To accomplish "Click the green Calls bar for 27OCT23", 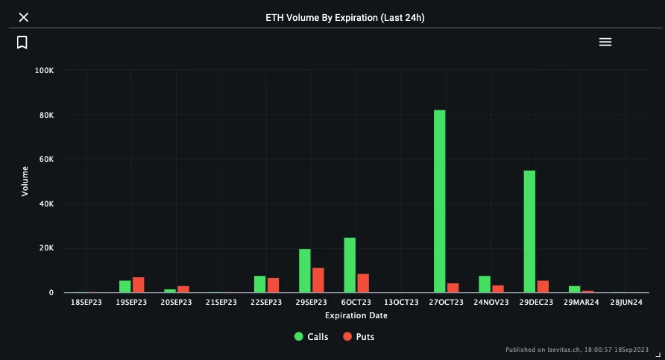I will coord(440,201).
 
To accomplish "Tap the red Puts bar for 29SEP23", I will coord(318,280).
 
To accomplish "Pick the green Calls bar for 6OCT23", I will coord(350,265).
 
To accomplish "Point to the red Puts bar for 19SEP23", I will coord(139,285).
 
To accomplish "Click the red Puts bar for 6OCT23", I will coord(363,283).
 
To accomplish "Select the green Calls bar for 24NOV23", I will coord(485,284).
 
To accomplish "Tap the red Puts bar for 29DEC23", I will coord(543,286).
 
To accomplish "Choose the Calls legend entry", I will coord(312,336).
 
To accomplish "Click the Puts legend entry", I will coord(359,336).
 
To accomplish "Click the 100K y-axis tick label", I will coord(44,71).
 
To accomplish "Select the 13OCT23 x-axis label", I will coord(401,303).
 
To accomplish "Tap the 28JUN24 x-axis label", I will coord(625,303).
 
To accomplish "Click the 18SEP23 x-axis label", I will coord(86,303).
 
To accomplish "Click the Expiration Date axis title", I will coord(356,315).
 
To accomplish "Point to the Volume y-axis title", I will coord(25,181).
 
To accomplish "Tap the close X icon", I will coord(23,17).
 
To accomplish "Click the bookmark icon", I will coord(22,42).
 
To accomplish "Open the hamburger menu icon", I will coord(605,42).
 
